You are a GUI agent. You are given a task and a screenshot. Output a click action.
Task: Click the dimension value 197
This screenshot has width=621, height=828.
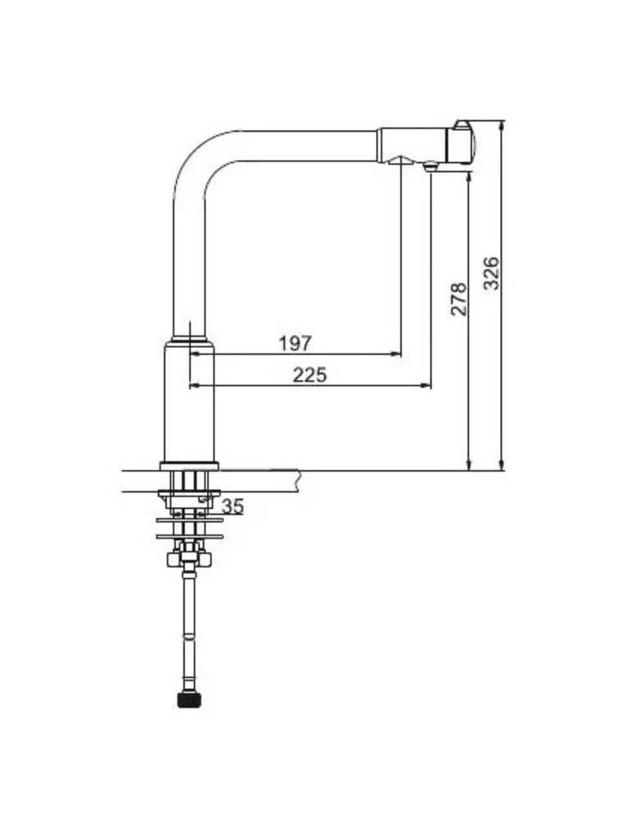click(x=295, y=343)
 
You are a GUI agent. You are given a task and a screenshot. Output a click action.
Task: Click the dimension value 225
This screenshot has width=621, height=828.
click(x=310, y=375)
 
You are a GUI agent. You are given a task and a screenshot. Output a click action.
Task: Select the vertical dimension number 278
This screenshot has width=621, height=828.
click(x=459, y=298)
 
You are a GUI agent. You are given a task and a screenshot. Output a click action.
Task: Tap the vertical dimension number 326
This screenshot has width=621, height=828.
click(x=491, y=274)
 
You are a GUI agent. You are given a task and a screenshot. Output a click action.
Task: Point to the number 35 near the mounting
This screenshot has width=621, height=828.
click(x=233, y=507)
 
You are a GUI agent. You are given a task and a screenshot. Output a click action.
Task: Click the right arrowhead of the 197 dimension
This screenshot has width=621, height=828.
click(x=396, y=354)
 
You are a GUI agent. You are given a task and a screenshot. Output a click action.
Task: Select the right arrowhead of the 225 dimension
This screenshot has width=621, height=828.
click(x=426, y=385)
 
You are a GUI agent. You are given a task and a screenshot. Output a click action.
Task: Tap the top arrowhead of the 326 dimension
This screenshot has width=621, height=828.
click(x=501, y=126)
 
